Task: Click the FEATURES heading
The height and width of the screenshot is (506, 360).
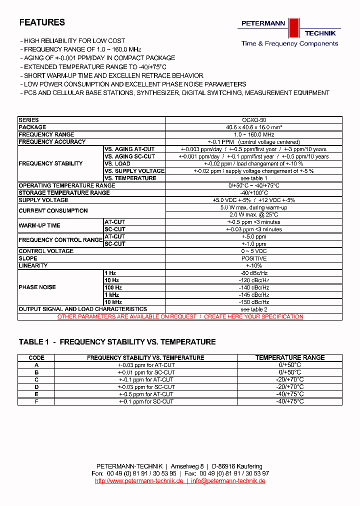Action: coord(42,22)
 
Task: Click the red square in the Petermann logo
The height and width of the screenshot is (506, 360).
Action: coord(293,28)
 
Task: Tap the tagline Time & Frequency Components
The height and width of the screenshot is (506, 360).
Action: coord(289,43)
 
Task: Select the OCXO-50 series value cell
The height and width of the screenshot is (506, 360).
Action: coord(254,120)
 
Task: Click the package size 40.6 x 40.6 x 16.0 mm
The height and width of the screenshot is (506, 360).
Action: coord(254,127)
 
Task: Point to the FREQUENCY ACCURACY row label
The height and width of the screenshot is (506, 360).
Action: coord(52,142)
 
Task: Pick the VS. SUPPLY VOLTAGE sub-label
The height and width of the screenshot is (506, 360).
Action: coord(134,171)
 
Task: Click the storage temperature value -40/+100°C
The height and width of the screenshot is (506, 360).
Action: coord(254,193)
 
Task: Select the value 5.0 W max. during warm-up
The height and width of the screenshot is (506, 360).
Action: coord(254,207)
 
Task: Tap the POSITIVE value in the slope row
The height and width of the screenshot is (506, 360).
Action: coord(254,258)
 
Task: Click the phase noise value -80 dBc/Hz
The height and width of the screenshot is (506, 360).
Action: coord(254,273)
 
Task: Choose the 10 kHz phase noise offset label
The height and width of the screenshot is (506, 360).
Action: coord(113,302)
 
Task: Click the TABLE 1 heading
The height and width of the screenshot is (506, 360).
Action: coord(117,342)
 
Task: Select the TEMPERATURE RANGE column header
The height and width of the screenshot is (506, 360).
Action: coord(290,358)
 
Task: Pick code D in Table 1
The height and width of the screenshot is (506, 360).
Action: coord(36,387)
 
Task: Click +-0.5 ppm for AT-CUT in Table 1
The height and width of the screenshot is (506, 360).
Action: coord(146,394)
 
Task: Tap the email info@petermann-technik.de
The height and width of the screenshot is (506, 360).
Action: coord(227,481)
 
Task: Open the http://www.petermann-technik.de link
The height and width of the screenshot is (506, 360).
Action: coord(139,481)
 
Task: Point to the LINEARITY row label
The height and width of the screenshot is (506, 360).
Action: coord(33,265)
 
